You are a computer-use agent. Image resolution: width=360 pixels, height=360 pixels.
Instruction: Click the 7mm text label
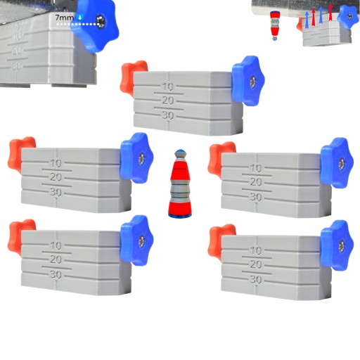[65, 18]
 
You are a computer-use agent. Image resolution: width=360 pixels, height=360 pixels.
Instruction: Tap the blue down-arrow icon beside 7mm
[80, 18]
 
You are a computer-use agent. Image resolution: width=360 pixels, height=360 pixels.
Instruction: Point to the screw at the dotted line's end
[102, 22]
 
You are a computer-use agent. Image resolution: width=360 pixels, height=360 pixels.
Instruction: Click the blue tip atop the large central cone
[180, 151]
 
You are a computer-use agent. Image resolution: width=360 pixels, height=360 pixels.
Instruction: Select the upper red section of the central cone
[180, 170]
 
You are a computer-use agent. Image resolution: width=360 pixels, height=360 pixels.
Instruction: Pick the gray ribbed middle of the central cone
[180, 188]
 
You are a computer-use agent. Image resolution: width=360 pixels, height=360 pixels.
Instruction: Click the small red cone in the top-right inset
[274, 25]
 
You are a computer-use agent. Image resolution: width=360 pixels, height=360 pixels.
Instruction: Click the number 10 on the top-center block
[168, 87]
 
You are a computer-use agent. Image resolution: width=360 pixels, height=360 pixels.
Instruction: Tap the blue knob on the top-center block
[249, 81]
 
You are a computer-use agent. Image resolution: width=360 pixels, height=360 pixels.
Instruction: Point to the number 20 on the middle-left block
[56, 177]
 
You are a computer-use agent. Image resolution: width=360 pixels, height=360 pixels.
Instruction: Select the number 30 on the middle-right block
[256, 197]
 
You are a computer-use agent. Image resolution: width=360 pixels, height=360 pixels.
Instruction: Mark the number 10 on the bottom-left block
[56, 245]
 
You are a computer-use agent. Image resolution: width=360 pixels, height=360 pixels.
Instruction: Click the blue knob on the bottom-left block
[137, 240]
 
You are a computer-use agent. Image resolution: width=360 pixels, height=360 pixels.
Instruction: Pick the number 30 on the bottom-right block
[256, 280]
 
